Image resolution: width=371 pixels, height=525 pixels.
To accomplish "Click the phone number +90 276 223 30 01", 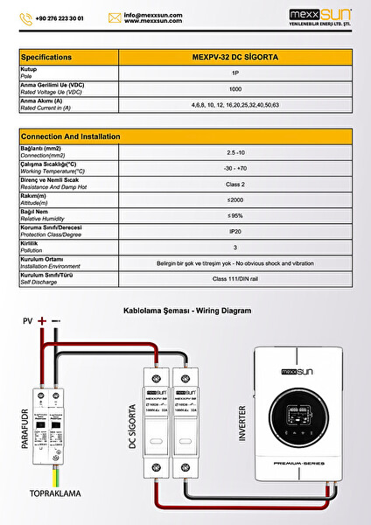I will [59, 17].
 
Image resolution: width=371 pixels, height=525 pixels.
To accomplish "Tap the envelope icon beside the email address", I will [114, 17].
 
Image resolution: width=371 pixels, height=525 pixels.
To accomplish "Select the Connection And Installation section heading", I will [70, 136].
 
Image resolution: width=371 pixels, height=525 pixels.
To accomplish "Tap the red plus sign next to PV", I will [41, 322].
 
